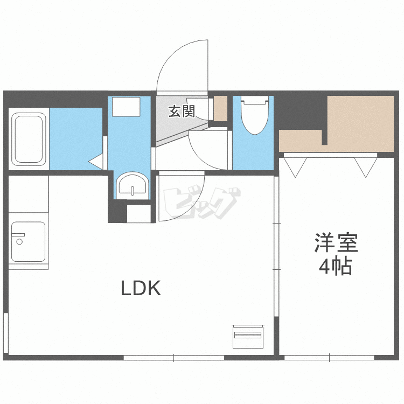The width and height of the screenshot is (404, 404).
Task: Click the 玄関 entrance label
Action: point(182,112)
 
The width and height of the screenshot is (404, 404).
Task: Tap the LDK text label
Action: point(141,288)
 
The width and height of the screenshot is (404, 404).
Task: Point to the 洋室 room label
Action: point(336,243)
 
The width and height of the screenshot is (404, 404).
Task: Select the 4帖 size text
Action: point(336,266)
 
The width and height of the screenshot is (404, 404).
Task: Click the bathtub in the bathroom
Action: point(29,139)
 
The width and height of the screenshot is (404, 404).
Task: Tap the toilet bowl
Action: point(255,115)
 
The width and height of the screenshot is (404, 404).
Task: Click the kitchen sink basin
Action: point(29,242)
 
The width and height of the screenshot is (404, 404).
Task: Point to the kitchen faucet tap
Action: point(18,238)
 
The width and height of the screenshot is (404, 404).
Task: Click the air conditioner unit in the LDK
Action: point(248,337)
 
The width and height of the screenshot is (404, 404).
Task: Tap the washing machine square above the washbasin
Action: point(126,107)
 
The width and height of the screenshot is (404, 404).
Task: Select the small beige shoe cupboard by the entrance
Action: point(220,108)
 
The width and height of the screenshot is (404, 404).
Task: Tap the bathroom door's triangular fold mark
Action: point(96,162)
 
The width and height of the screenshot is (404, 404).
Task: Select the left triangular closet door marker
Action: point(295,167)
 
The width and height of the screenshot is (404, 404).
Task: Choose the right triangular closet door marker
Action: point(366,167)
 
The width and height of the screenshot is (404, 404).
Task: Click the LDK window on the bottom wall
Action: point(174,358)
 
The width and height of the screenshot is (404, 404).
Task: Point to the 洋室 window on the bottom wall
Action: point(329,358)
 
